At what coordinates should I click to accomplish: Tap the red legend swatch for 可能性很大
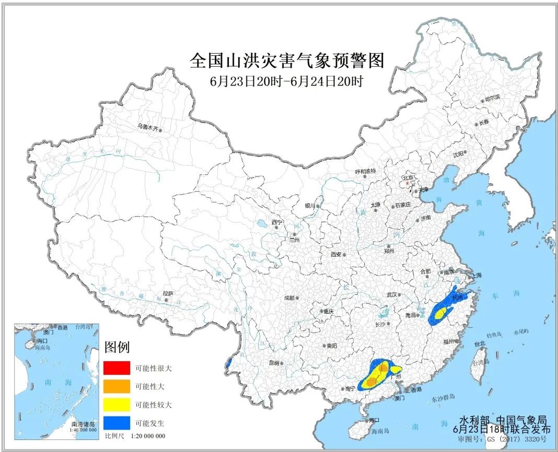click(x=117, y=368)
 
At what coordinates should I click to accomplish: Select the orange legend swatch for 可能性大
click(x=117, y=386)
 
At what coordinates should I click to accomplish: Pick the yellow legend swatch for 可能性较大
click(x=117, y=405)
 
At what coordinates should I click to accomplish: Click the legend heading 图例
click(x=117, y=347)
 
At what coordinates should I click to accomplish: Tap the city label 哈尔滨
click(x=492, y=98)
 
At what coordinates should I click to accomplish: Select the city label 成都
click(x=288, y=298)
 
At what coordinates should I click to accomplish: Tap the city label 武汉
click(x=392, y=295)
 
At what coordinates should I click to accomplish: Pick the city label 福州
click(x=448, y=342)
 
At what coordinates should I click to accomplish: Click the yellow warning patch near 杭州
click(x=442, y=313)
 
